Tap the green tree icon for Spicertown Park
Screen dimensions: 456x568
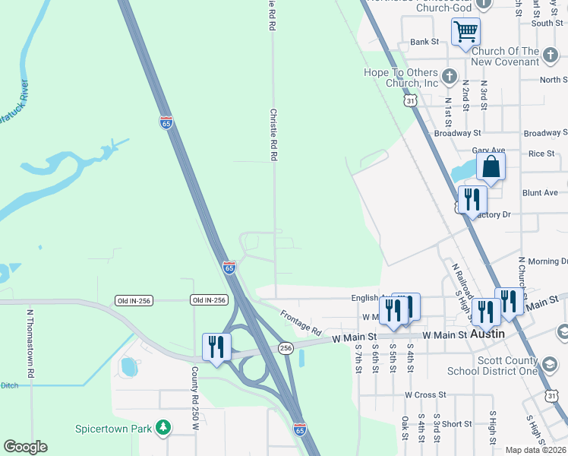163,428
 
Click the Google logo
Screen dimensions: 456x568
25,447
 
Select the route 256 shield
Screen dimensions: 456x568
286,347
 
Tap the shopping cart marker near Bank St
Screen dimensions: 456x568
465,32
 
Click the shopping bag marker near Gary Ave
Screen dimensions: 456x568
491,166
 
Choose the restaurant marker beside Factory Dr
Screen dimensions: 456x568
473,201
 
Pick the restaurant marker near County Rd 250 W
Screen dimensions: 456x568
216,347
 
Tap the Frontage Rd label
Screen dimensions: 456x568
301,323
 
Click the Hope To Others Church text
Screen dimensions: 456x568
402,78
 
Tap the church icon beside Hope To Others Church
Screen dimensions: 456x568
450,76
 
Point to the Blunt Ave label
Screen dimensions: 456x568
540,193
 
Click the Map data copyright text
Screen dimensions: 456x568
535,450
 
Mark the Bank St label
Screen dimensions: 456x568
424,42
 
